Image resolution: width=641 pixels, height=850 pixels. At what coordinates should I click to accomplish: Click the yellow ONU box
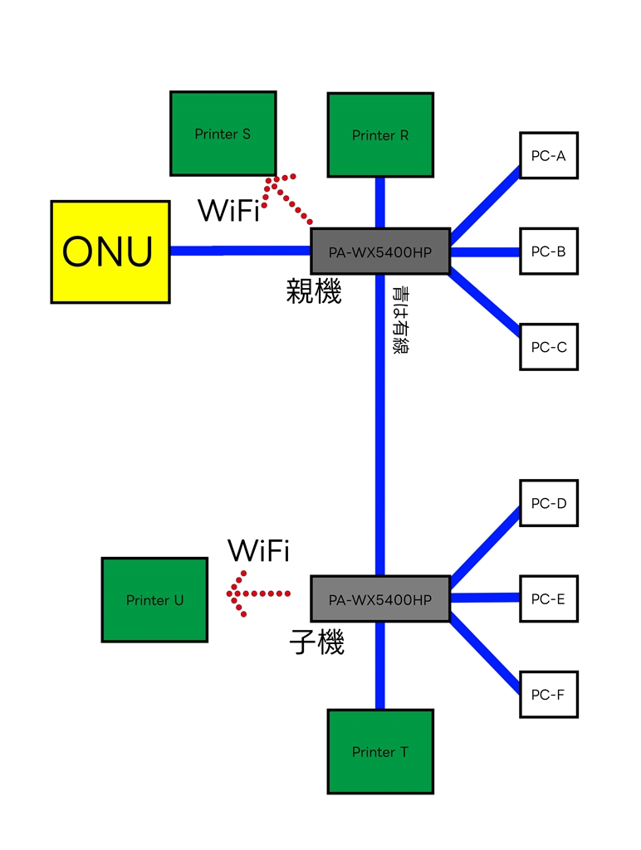click(x=110, y=252)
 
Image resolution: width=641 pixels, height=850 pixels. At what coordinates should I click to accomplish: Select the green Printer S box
click(x=223, y=134)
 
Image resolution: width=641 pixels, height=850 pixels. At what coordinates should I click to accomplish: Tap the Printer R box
click(x=380, y=134)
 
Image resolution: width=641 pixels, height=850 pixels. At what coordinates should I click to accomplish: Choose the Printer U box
click(x=154, y=599)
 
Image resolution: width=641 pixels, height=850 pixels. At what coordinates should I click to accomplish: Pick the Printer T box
click(x=380, y=752)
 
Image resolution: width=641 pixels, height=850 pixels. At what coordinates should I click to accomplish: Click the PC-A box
click(x=548, y=155)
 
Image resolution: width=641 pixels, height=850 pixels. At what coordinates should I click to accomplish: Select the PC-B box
click(x=548, y=251)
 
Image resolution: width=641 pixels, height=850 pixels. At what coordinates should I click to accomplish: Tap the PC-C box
click(x=548, y=347)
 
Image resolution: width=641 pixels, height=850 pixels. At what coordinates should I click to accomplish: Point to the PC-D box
click(x=548, y=503)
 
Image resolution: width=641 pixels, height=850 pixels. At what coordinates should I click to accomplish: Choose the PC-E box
click(x=548, y=598)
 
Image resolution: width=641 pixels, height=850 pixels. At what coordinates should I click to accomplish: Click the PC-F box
click(x=548, y=694)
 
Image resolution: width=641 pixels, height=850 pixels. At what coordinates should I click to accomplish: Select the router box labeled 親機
click(x=380, y=252)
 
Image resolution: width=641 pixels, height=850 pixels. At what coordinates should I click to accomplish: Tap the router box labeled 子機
click(x=380, y=598)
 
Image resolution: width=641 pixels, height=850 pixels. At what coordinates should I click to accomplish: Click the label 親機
click(x=314, y=292)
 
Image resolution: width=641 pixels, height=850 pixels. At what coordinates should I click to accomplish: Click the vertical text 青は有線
click(x=400, y=320)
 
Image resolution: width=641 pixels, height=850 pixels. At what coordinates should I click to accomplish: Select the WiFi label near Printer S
click(x=228, y=211)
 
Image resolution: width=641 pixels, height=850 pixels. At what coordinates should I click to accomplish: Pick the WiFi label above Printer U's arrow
click(x=258, y=550)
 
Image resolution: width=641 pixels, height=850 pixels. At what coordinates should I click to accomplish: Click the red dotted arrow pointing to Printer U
click(x=258, y=594)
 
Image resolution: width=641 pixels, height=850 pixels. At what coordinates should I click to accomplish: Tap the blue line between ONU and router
click(x=240, y=250)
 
